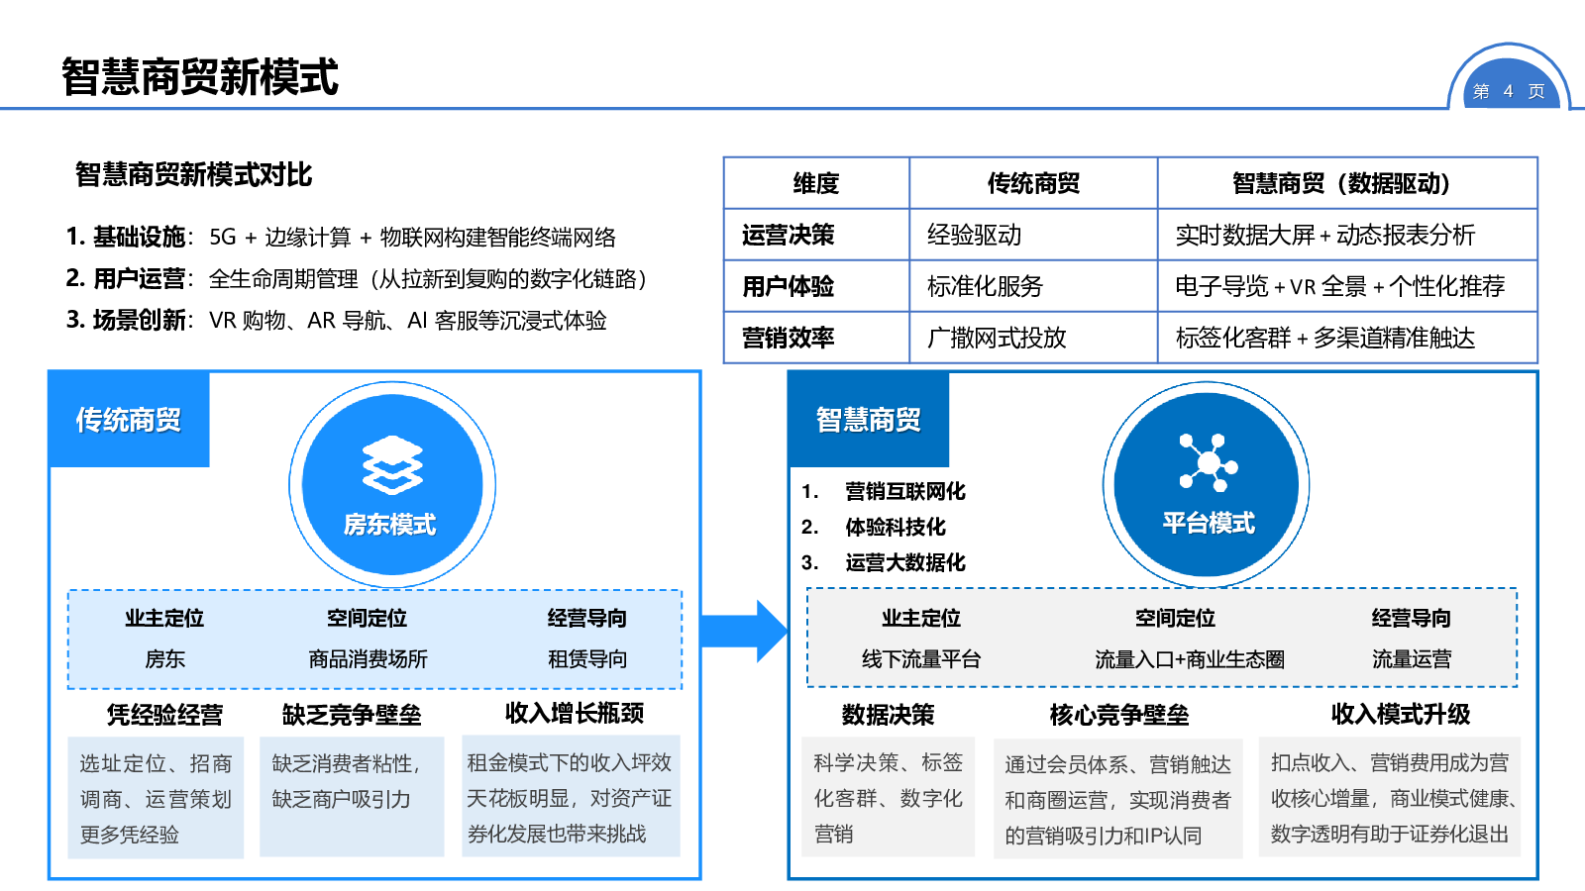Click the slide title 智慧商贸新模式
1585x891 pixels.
pyautogui.click(x=200, y=77)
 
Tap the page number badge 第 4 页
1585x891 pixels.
pyautogui.click(x=1508, y=91)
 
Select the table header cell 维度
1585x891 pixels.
pyautogui.click(x=816, y=183)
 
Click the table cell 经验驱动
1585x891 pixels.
pyautogui.click(x=974, y=236)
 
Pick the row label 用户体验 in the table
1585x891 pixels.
pyautogui.click(x=789, y=287)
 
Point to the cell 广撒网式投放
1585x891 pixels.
pyautogui.click(x=997, y=339)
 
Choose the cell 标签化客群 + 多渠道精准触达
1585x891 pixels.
pyautogui.click(x=1324, y=339)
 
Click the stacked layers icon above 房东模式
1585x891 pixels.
pyautogui.click(x=392, y=464)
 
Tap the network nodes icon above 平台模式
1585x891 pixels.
pyautogui.click(x=1208, y=462)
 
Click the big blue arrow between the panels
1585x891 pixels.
pyautogui.click(x=743, y=631)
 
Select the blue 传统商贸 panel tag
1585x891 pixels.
pyautogui.click(x=129, y=420)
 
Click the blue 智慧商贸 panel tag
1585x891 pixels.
pyautogui.click(x=869, y=420)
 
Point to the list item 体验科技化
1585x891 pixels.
pyautogui.click(x=895, y=527)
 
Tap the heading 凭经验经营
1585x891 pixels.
pyautogui.click(x=165, y=715)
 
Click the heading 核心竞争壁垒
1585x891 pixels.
pyautogui.click(x=1119, y=715)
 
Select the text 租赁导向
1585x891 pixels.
pyautogui.click(x=587, y=659)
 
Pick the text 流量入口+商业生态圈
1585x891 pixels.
pyautogui.click(x=1190, y=659)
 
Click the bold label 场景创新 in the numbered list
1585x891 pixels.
pyautogui.click(x=140, y=321)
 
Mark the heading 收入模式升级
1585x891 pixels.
pyautogui.click(x=1400, y=714)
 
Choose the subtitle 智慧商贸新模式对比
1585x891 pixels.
pyautogui.click(x=194, y=175)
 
